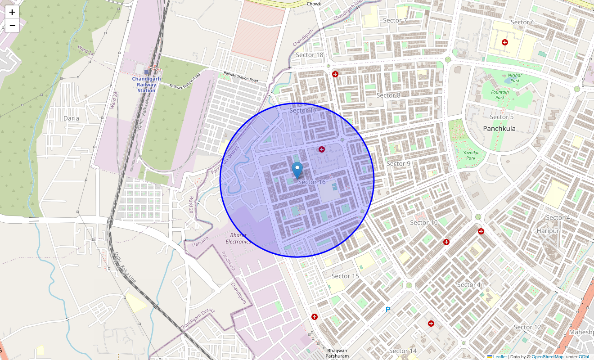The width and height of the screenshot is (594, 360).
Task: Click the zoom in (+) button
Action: point(12,12)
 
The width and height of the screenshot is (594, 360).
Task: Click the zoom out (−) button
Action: point(12,26)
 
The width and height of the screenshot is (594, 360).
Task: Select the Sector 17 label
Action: point(303,110)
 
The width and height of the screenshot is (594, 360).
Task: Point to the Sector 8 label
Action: point(388,95)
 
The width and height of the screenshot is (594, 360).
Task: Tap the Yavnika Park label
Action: point(470,155)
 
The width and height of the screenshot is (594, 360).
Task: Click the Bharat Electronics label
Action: point(238,238)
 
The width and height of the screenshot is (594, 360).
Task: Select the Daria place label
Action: point(71,118)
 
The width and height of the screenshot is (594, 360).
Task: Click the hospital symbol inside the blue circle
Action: point(322,149)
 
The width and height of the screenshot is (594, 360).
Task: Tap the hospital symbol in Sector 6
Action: point(505,42)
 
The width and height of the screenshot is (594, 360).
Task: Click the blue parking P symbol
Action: point(388,310)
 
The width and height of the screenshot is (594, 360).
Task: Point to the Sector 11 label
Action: point(471,284)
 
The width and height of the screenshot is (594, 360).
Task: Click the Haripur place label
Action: point(548,231)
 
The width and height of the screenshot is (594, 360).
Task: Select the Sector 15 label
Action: point(345,276)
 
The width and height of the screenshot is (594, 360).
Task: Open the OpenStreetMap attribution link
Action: point(547,357)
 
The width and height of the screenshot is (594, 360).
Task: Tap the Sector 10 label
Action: point(423,222)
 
